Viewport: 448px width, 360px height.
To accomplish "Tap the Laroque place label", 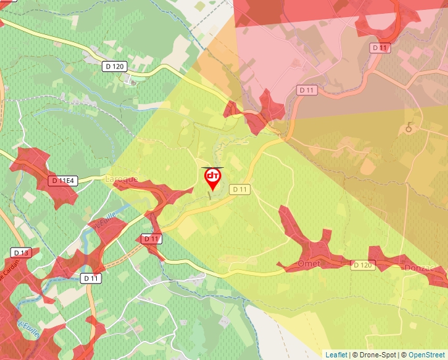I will click(x=122, y=179).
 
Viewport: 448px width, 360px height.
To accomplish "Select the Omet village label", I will click(x=309, y=263).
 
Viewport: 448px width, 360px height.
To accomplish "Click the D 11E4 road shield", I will click(x=63, y=180).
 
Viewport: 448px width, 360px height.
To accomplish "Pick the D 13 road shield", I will click(x=21, y=253).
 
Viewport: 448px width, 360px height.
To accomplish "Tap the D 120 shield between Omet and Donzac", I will click(x=363, y=265).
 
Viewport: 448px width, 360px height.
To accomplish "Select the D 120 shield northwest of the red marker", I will click(x=115, y=66).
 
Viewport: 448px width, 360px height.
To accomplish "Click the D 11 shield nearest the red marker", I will click(x=240, y=190).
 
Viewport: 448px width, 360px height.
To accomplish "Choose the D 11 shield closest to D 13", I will click(x=92, y=278).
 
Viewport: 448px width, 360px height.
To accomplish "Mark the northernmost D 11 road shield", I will click(x=381, y=47).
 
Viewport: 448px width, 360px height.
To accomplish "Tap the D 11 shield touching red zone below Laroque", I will click(x=152, y=239).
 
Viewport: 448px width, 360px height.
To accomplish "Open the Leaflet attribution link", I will click(x=336, y=355).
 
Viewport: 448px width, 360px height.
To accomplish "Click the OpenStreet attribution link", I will click(x=426, y=355).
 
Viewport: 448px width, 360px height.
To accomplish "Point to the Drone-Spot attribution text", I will click(x=374, y=355).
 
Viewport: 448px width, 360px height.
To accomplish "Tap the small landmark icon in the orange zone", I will click(x=409, y=127).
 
